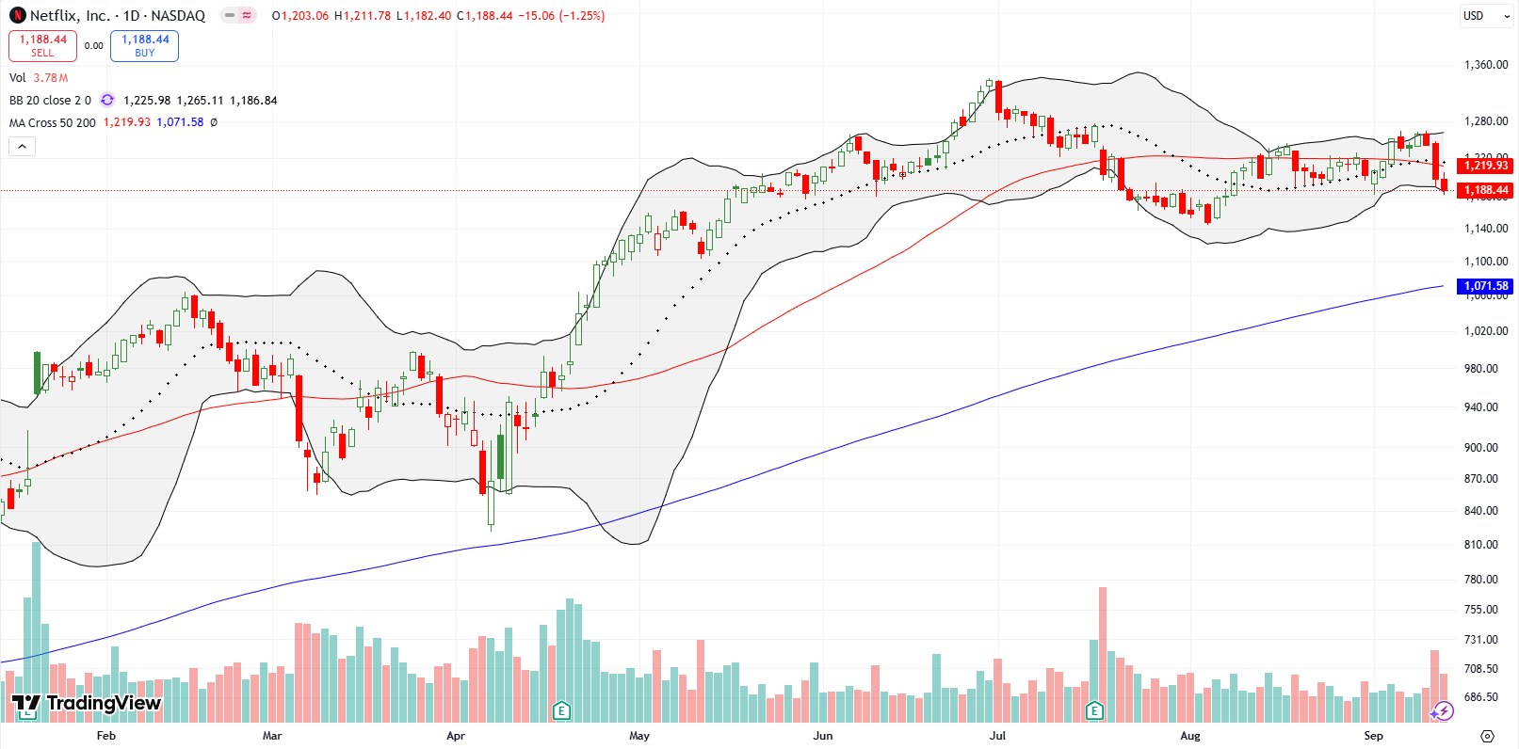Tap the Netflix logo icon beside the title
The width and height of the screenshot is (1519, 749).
tap(17, 16)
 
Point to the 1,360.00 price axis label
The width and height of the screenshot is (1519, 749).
tap(1485, 65)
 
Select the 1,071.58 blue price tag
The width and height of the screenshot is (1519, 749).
tap(1485, 286)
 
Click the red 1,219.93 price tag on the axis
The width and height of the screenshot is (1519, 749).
tap(1485, 166)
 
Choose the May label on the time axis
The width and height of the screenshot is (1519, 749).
tap(639, 736)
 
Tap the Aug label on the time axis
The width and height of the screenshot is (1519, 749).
tap(1190, 736)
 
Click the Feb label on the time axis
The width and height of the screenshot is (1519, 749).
tap(106, 736)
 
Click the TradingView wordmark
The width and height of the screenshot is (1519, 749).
tap(87, 703)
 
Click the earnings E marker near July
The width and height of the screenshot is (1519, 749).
tap(1094, 710)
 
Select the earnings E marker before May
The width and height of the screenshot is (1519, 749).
tap(561, 710)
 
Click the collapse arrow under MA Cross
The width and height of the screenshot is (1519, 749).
tap(22, 146)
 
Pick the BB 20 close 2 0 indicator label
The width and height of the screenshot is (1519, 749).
tap(50, 101)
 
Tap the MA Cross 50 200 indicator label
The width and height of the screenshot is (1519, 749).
tap(53, 122)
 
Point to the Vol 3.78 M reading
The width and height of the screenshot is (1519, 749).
tap(39, 78)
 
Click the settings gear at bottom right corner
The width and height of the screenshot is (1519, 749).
tap(1487, 736)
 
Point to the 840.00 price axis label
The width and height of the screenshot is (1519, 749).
tap(1485, 511)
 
